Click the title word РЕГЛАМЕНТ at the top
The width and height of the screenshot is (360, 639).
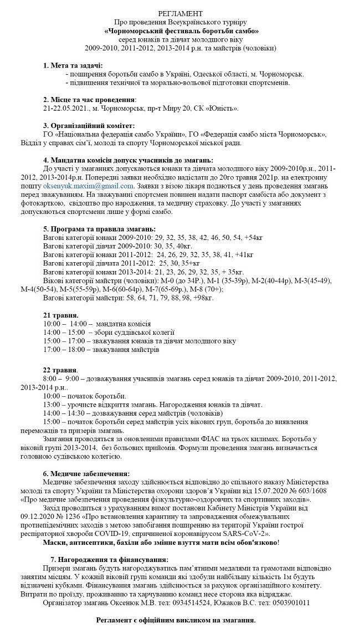180,12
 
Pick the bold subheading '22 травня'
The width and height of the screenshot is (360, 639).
60,370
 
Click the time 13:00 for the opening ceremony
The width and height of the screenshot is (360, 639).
52,405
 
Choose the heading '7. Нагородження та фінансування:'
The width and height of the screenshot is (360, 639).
109,560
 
